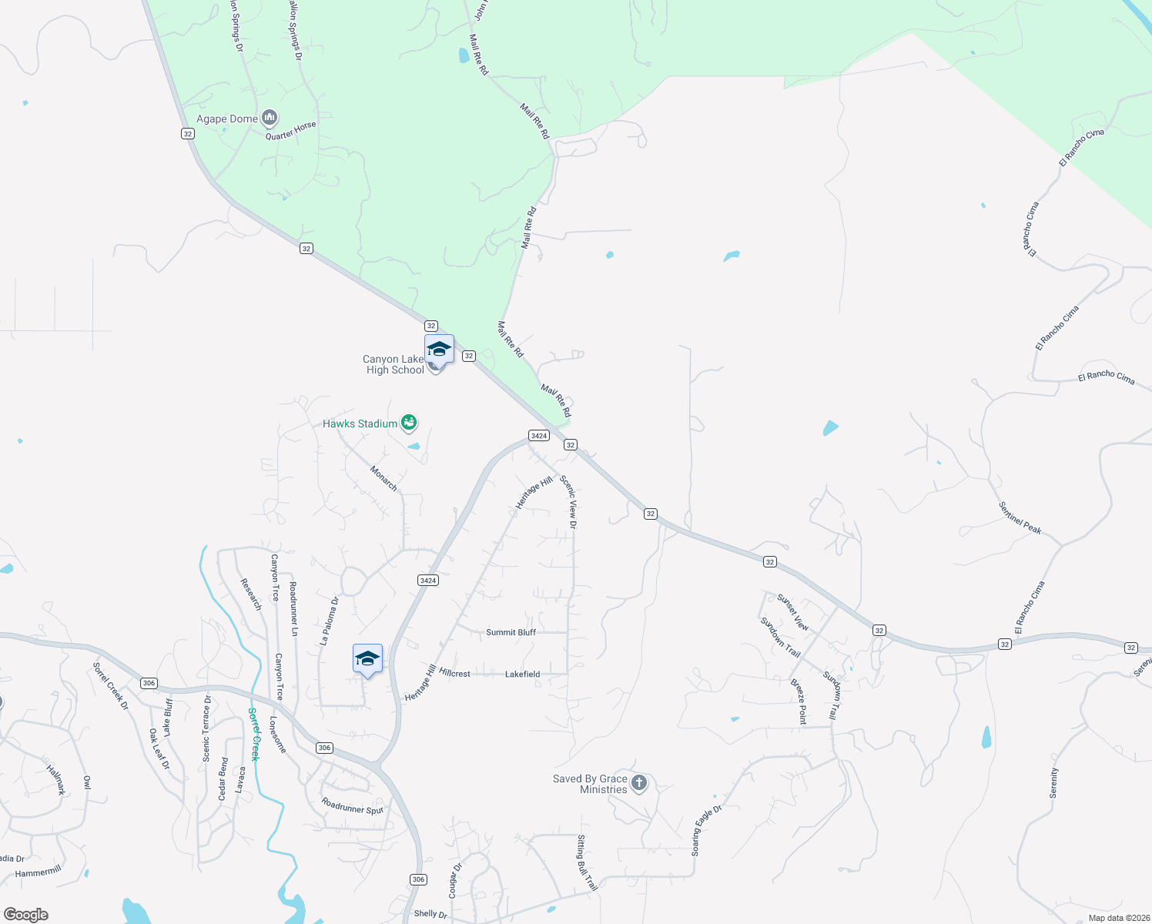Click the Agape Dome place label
(x=227, y=119)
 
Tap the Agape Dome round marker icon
(x=270, y=118)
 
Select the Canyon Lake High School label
(x=395, y=364)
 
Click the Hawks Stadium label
(x=360, y=423)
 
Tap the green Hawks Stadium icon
(x=409, y=422)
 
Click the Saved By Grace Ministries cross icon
(x=638, y=784)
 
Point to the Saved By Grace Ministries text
(x=591, y=784)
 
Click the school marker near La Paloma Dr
(x=367, y=659)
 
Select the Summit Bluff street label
(x=511, y=632)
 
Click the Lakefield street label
(x=522, y=674)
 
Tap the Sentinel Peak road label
(x=1020, y=517)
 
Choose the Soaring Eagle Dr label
(x=706, y=831)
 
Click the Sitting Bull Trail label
(x=587, y=862)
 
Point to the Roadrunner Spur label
(x=353, y=806)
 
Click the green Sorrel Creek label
(x=254, y=734)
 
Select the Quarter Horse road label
(x=291, y=131)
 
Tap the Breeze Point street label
(x=799, y=701)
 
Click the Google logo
(x=26, y=915)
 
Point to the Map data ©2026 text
(x=1117, y=918)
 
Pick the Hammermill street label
(x=39, y=872)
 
